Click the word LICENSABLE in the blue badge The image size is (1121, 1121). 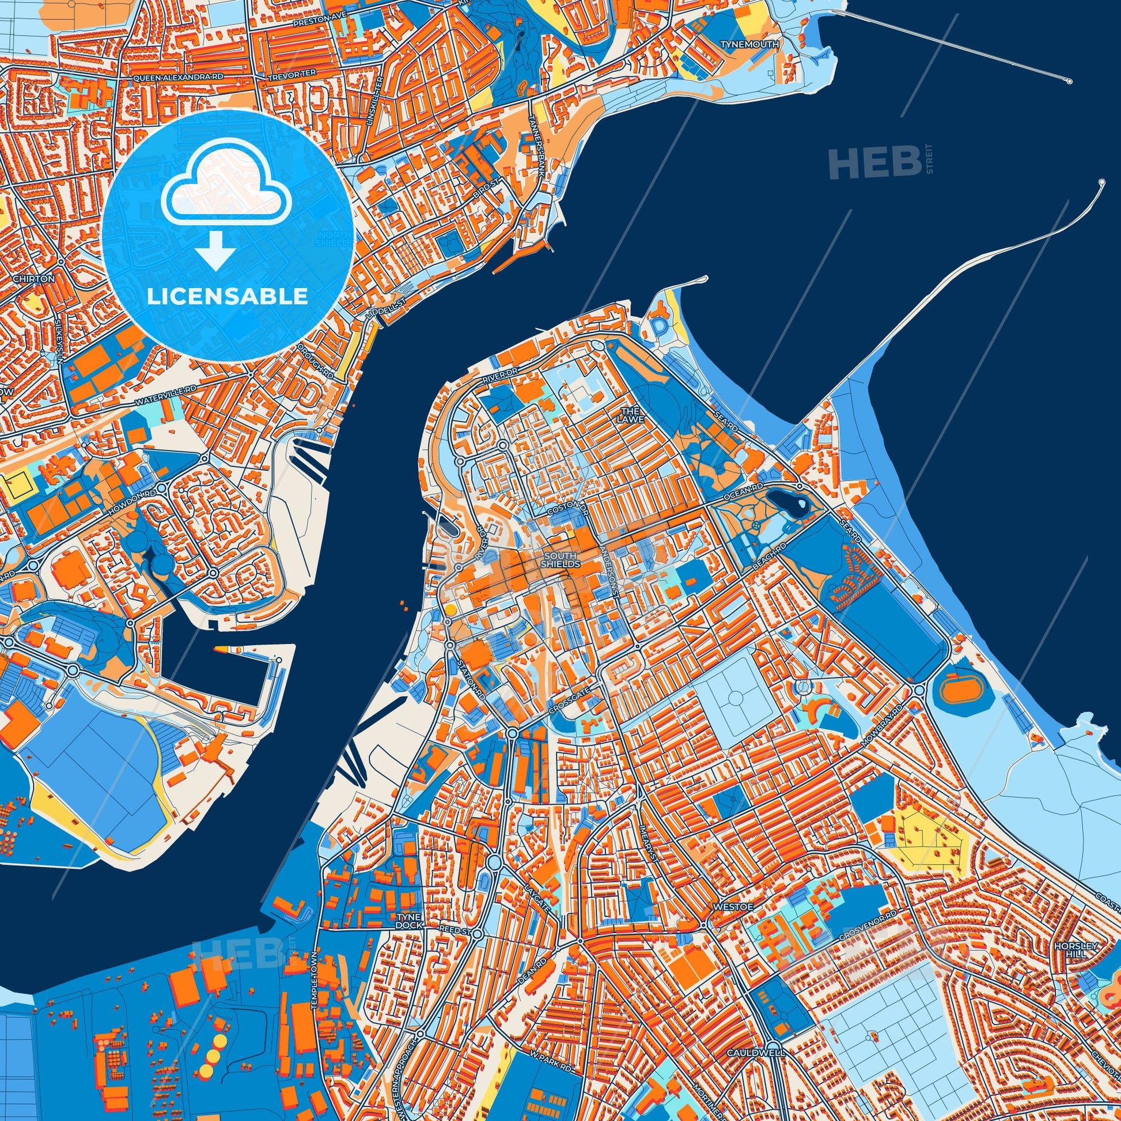point(227,297)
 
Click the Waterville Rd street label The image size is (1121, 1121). point(165,394)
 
